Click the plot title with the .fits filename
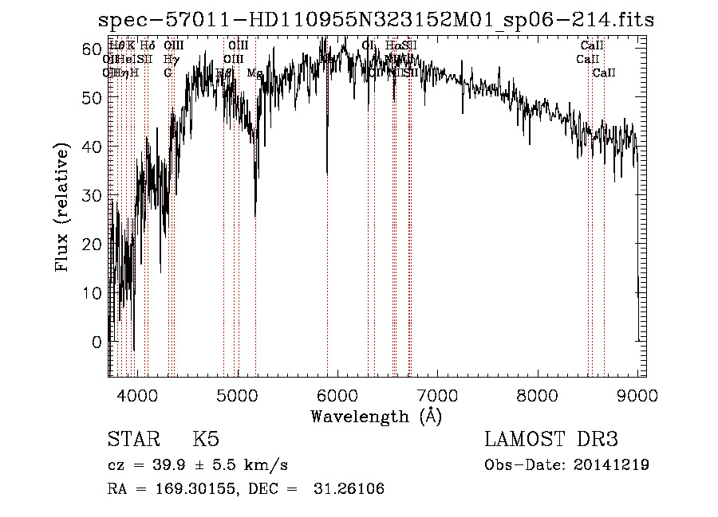click(376, 21)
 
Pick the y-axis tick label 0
click(98, 342)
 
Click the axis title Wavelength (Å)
click(376, 416)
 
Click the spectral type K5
click(205, 440)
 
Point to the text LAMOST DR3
click(550, 440)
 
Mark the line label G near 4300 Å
click(168, 73)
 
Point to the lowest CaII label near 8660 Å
click(604, 73)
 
